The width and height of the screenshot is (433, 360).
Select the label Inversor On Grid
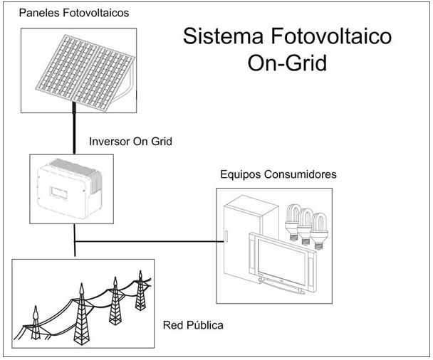click(x=130, y=142)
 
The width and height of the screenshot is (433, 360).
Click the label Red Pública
click(x=193, y=326)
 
